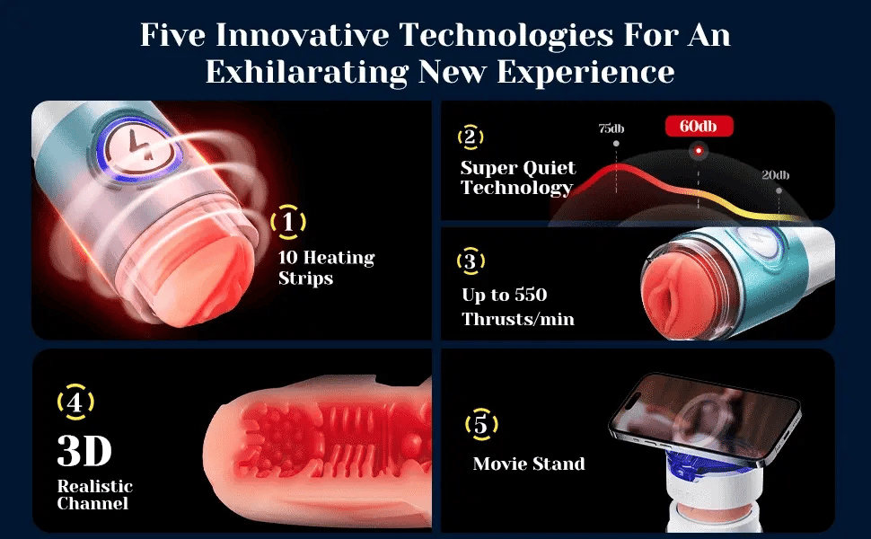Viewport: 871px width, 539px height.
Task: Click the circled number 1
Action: (287, 222)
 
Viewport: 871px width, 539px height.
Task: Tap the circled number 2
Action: (470, 137)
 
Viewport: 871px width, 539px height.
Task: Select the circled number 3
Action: (471, 261)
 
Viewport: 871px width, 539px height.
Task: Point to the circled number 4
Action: (75, 402)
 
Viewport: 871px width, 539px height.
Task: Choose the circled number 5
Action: (481, 425)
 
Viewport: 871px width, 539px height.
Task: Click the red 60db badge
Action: (699, 126)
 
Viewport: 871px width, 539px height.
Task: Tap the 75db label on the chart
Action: (611, 128)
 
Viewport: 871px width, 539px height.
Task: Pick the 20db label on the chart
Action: (776, 175)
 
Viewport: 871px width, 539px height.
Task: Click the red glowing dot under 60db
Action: (699, 151)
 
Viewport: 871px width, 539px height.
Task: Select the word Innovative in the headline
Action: (303, 34)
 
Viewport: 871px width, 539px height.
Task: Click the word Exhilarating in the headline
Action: (306, 72)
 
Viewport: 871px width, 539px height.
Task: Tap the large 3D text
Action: (84, 451)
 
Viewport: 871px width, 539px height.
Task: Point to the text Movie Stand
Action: (529, 464)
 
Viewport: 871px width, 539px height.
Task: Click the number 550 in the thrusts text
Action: (530, 295)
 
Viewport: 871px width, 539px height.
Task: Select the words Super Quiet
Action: (518, 167)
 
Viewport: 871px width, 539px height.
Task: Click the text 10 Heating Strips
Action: (327, 268)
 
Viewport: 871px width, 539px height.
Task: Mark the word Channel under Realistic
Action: (92, 503)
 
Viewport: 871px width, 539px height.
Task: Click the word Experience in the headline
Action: (585, 72)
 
